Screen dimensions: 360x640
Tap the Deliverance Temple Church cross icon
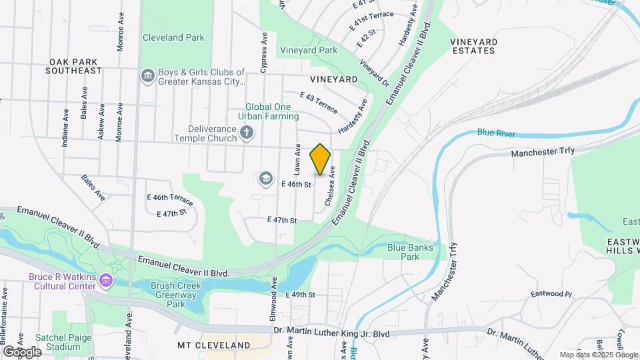247,132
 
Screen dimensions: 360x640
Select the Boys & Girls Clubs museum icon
147,77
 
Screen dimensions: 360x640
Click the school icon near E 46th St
266,178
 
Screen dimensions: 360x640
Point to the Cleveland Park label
173,38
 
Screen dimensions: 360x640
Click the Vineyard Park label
309,50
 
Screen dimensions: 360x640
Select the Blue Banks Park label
410,252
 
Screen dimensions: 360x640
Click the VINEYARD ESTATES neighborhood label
473,46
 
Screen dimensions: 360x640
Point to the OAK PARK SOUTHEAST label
75,65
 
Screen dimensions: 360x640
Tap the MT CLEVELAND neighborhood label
214,345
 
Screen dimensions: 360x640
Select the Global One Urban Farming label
271,111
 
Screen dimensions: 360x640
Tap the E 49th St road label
299,295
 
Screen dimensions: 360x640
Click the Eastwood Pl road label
551,293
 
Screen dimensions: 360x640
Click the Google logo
22,351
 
